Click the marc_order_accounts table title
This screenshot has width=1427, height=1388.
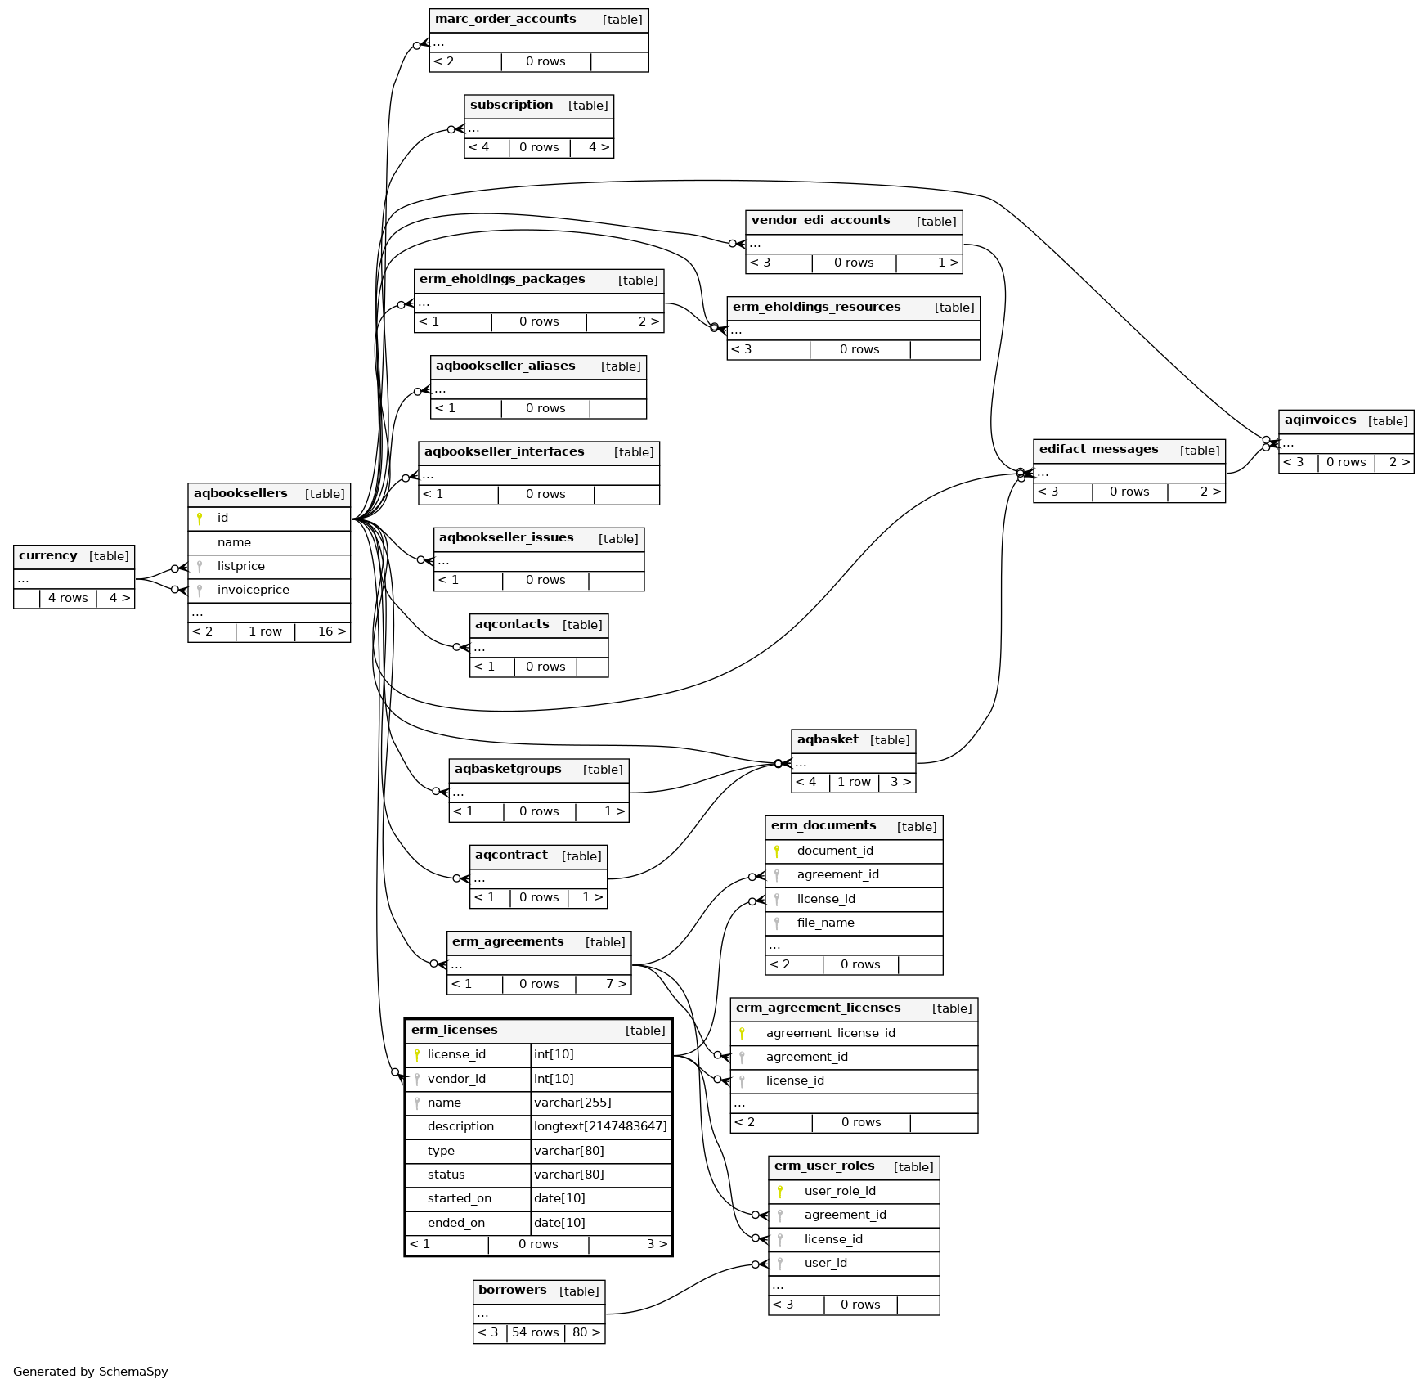tap(505, 20)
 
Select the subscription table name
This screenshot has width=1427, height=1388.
tap(511, 106)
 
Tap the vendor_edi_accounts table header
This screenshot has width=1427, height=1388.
tap(820, 221)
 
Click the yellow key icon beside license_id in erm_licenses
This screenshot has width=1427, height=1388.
tap(417, 1055)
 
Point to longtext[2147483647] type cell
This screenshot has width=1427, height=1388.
tap(600, 1126)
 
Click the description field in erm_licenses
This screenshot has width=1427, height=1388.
tap(460, 1126)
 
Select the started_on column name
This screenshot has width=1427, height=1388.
tap(459, 1198)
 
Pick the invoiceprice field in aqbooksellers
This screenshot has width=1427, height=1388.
tap(253, 590)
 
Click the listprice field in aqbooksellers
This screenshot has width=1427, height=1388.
tap(240, 566)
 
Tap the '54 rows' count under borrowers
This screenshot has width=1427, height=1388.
tap(535, 1332)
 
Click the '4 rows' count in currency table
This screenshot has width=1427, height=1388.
tap(68, 598)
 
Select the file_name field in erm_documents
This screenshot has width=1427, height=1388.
tap(825, 923)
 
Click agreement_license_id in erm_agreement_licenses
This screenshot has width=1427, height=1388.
tap(830, 1033)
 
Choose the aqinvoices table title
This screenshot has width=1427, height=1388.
tap(1320, 420)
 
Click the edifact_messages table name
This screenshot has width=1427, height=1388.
tap(1098, 450)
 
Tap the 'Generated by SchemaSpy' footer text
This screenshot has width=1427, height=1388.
tap(91, 1372)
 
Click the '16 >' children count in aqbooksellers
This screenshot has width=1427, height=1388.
tap(331, 631)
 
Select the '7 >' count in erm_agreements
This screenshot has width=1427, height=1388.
tap(616, 984)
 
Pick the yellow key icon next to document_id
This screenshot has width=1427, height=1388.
tap(777, 851)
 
